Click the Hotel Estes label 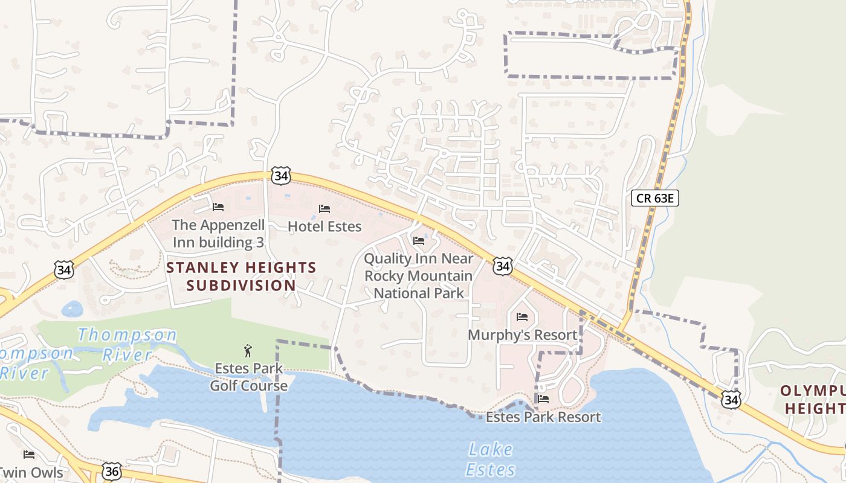point(325,226)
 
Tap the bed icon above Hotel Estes point(325,209)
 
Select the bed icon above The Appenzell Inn point(218,207)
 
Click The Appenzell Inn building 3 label point(218,234)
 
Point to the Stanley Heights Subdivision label point(241,277)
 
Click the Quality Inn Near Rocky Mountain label point(418,276)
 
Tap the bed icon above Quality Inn point(418,241)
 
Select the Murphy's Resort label point(523,334)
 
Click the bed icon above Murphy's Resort point(523,316)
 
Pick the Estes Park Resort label point(543,417)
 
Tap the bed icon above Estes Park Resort point(543,398)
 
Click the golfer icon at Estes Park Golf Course point(248,351)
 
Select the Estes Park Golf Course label point(248,377)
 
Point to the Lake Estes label point(490,459)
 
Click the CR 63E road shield point(654,197)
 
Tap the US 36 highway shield point(111,471)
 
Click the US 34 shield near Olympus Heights point(731,398)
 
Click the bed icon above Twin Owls point(28,454)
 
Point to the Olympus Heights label point(813,400)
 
